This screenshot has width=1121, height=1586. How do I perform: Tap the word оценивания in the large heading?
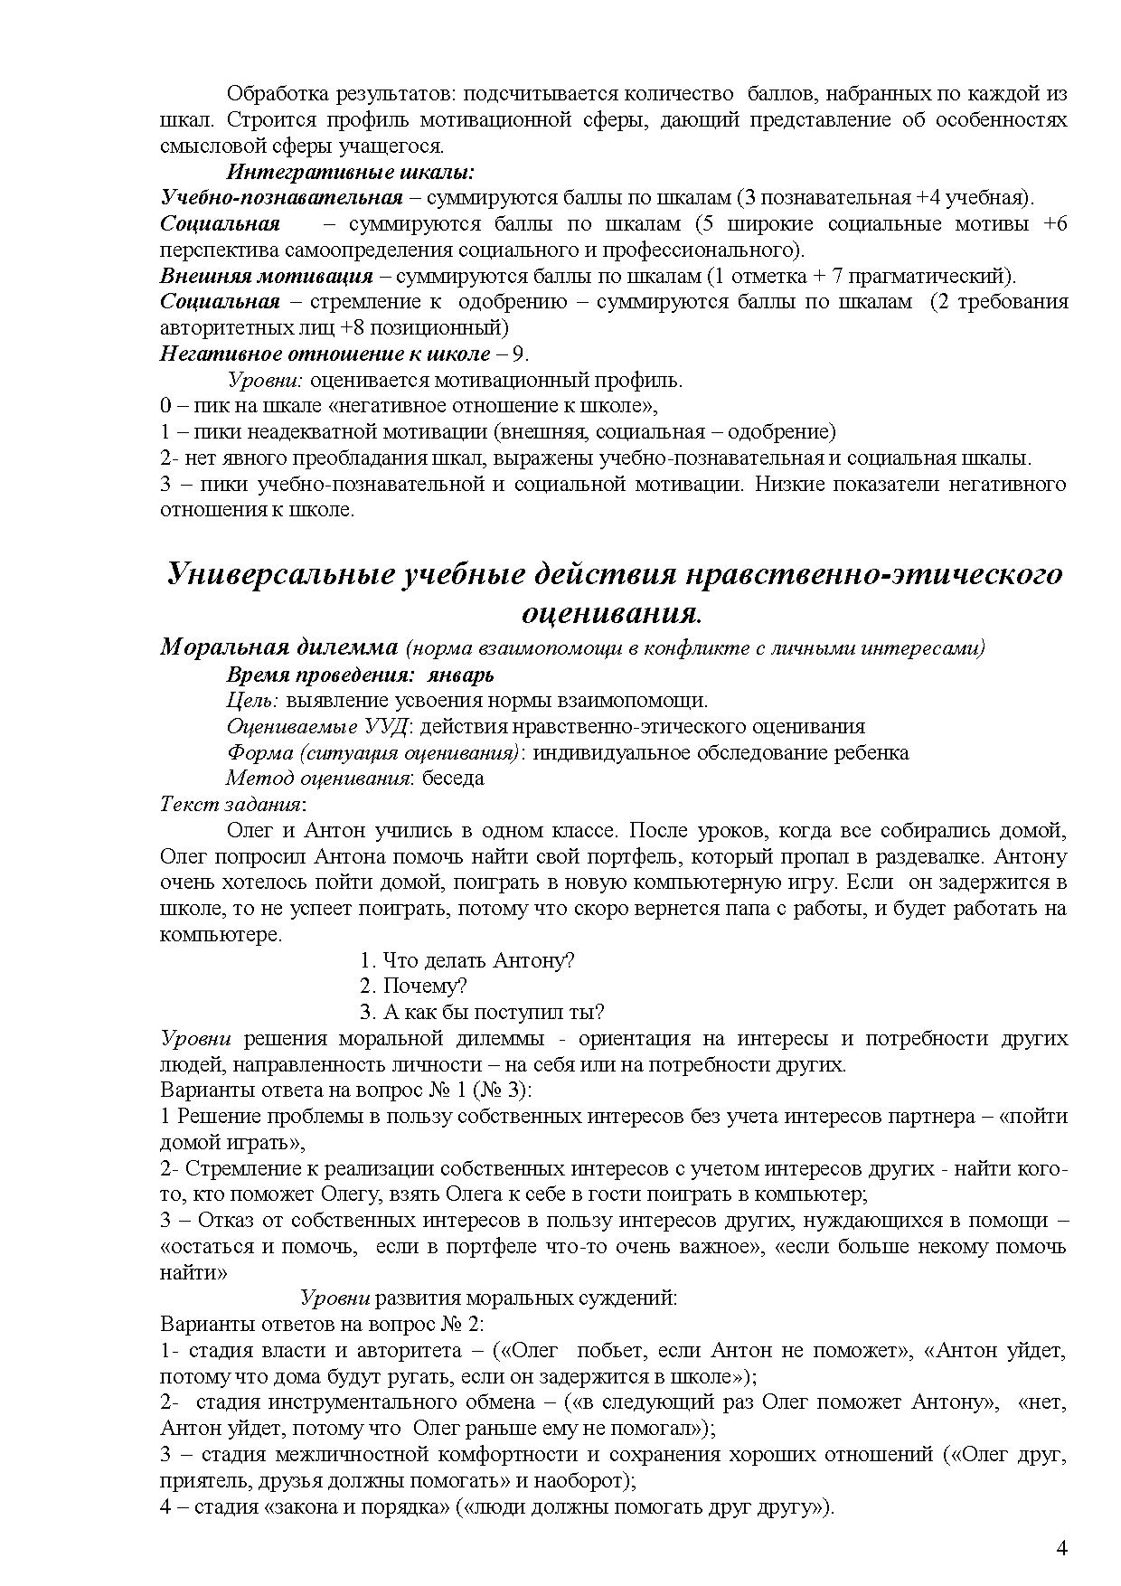click(x=611, y=614)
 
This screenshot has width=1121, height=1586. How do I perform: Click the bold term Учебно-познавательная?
click(x=281, y=198)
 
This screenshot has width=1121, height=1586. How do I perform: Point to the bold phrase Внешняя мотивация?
click(x=267, y=276)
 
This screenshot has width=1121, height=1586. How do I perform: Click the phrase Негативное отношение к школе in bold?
click(x=325, y=354)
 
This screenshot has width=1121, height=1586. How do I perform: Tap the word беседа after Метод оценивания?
click(x=453, y=778)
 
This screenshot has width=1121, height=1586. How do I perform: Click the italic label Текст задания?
click(x=231, y=804)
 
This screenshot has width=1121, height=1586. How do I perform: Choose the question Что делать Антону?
click(x=466, y=960)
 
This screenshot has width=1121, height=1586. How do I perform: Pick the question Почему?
click(x=413, y=986)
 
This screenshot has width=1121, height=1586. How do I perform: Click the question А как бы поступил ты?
click(x=482, y=1012)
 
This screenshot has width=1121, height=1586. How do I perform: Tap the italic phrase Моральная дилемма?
click(x=278, y=647)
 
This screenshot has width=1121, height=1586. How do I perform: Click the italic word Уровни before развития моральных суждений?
click(x=334, y=1298)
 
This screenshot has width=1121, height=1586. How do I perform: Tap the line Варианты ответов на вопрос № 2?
click(x=322, y=1324)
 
